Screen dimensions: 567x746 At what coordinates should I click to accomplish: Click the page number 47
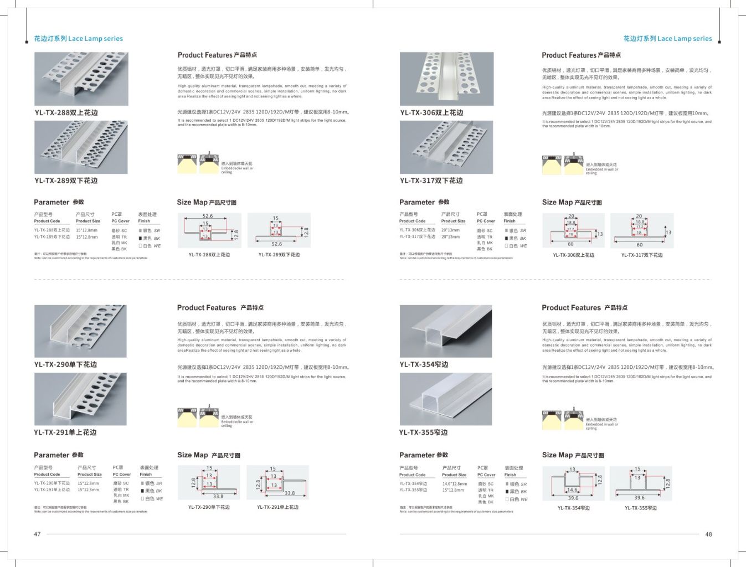[x=37, y=534]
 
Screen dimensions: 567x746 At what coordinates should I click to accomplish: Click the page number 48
[x=708, y=534]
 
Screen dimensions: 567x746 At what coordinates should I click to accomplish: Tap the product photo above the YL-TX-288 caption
[x=81, y=79]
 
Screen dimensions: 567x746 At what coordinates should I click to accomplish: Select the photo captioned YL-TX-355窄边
[x=445, y=399]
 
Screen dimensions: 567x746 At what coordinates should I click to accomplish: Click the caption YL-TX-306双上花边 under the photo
[x=431, y=113]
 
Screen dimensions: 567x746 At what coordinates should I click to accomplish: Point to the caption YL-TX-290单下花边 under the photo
[x=65, y=364]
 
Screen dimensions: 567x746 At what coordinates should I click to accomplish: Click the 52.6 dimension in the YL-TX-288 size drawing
[x=208, y=217]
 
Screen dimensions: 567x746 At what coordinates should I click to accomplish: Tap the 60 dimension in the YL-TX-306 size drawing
[x=570, y=244]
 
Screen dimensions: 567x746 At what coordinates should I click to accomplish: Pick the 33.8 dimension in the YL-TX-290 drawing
[x=218, y=496]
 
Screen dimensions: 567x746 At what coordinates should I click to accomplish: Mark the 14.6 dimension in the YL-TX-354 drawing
[x=572, y=490]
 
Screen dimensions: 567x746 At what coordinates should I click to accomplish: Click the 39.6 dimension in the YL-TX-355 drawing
[x=640, y=498]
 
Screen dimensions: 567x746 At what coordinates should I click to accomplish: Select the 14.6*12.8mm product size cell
[x=454, y=484]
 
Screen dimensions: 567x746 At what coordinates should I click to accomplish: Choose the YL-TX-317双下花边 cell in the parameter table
[x=417, y=237]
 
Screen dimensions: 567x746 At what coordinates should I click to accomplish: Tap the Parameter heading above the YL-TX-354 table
[x=423, y=455]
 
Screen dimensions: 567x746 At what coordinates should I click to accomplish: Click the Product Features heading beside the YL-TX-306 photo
[x=581, y=55]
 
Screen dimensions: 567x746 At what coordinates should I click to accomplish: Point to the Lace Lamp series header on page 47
[x=78, y=39]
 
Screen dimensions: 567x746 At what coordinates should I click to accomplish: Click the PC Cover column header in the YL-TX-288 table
[x=120, y=221]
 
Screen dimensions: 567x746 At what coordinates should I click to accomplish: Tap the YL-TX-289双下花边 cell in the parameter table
[x=52, y=237]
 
